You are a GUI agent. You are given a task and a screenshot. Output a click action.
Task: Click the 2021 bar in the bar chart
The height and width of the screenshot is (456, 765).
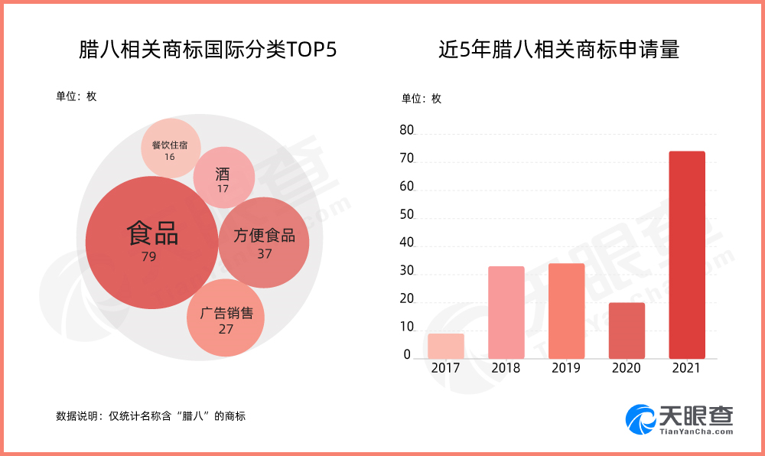pyautogui.click(x=686, y=255)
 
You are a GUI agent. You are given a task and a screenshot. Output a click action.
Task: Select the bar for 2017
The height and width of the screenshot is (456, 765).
pyautogui.click(x=446, y=346)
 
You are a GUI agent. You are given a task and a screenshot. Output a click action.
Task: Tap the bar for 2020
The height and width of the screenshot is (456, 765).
pyautogui.click(x=627, y=331)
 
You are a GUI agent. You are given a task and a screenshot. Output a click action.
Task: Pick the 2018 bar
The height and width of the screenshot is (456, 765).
pyautogui.click(x=506, y=312)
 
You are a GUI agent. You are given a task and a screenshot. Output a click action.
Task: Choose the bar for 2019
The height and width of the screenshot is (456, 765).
pyautogui.click(x=566, y=311)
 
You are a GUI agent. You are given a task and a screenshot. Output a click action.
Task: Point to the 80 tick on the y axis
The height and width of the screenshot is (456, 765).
pyautogui.click(x=406, y=132)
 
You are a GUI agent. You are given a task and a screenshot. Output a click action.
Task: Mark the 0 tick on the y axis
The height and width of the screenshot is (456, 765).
pyautogui.click(x=408, y=355)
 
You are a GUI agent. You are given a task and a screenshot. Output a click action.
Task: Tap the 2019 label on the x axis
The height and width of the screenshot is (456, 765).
pyautogui.click(x=566, y=368)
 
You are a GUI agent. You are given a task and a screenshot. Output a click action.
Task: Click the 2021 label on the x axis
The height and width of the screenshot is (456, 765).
pyautogui.click(x=686, y=368)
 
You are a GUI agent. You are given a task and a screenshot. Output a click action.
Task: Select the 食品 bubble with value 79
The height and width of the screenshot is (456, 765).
pyautogui.click(x=151, y=243)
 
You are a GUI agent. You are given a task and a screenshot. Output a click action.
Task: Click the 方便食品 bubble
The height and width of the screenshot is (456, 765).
pyautogui.click(x=264, y=243)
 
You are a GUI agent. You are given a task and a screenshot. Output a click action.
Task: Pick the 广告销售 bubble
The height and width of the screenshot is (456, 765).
pyautogui.click(x=226, y=319)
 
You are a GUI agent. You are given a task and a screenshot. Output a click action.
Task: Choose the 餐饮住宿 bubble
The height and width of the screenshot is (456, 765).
pyautogui.click(x=170, y=148)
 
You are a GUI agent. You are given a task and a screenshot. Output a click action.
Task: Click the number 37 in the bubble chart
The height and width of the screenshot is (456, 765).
pyautogui.click(x=264, y=254)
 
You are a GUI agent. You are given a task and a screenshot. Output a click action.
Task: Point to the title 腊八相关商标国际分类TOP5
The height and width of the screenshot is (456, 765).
pyautogui.click(x=208, y=50)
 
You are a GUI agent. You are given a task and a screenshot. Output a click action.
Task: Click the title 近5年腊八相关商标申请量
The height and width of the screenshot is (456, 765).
pyautogui.click(x=558, y=50)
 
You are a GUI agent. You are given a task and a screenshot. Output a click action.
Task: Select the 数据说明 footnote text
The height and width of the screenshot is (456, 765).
pyautogui.click(x=151, y=416)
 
